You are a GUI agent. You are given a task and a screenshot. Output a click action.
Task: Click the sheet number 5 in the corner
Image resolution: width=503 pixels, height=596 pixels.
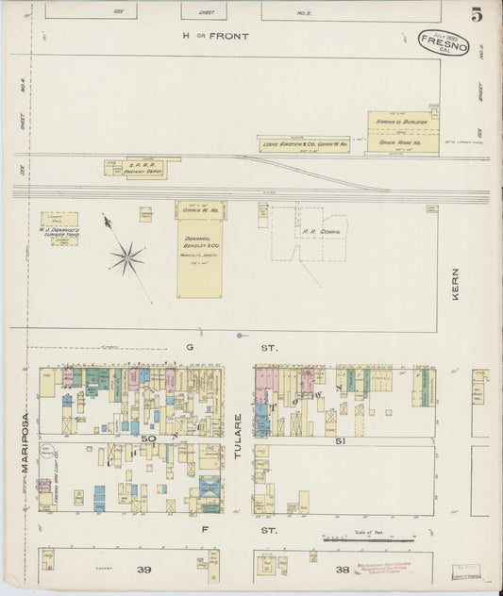coord(477,15)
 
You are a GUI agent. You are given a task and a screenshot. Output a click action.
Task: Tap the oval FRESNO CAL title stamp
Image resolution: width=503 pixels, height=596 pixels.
coord(443,42)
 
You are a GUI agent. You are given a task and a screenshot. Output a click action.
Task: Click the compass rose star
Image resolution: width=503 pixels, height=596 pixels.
coord(126,256)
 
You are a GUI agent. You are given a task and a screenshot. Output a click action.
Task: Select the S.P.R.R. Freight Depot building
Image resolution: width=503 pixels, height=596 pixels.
coord(141,168)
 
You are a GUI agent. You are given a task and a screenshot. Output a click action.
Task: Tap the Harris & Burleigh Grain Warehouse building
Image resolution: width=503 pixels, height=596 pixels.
coord(403,132)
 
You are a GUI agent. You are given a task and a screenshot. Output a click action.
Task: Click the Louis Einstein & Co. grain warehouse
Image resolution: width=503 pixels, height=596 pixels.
coord(304,143)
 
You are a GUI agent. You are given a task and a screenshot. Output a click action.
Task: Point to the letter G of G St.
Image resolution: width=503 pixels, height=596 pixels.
coord(189,347)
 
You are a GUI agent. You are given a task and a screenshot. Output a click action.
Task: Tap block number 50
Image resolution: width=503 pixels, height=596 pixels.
coord(148,439)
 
